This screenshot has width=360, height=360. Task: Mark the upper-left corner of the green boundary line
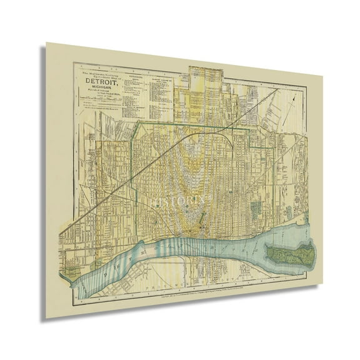[138, 123]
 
